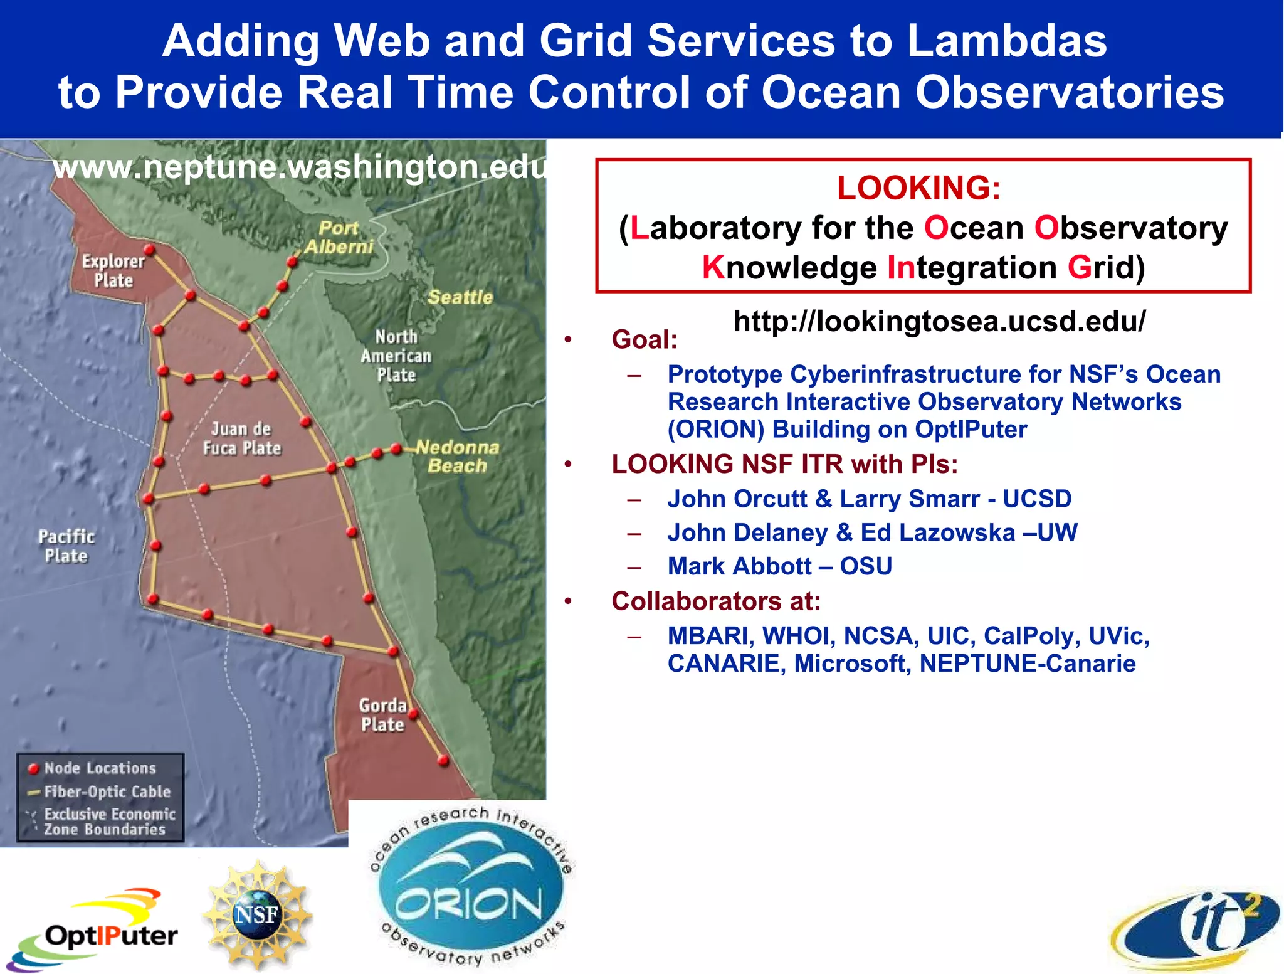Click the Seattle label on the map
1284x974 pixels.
[x=460, y=297]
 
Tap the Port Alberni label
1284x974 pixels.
[x=339, y=238]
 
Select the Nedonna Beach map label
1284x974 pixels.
[x=458, y=457]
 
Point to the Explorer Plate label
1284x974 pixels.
[x=113, y=270]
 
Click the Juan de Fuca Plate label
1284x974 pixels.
[x=241, y=438]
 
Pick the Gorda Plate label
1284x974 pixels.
[x=382, y=715]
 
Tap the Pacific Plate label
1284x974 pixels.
[x=66, y=546]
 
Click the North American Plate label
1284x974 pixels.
[x=396, y=356]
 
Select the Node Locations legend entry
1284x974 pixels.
[x=99, y=768]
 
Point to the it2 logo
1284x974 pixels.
[x=1197, y=928]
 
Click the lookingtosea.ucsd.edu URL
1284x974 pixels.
[x=939, y=321]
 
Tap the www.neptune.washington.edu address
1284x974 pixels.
[x=300, y=167]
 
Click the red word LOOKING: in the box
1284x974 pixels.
[x=918, y=188]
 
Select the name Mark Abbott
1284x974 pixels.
[x=740, y=566]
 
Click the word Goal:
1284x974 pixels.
[x=645, y=339]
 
